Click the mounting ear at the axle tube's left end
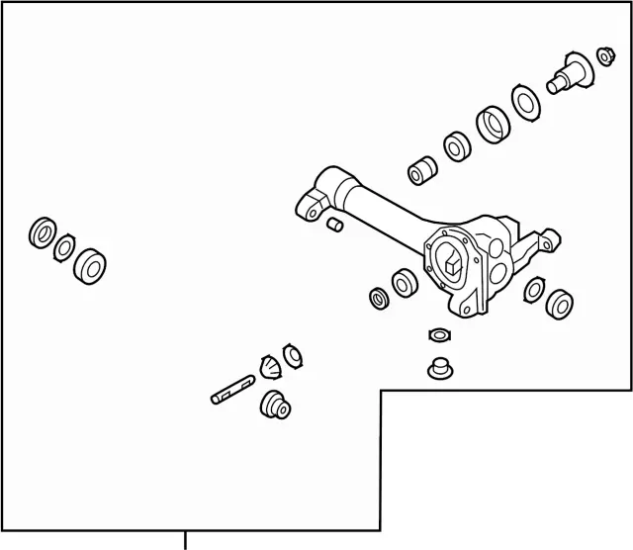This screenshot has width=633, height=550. click(311, 205)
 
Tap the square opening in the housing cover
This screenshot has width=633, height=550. click(451, 264)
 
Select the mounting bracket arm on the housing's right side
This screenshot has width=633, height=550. click(544, 241)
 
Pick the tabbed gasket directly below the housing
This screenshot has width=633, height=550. click(439, 333)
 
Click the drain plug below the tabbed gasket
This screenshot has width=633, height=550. click(438, 367)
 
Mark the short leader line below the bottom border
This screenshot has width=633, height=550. click(185, 540)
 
